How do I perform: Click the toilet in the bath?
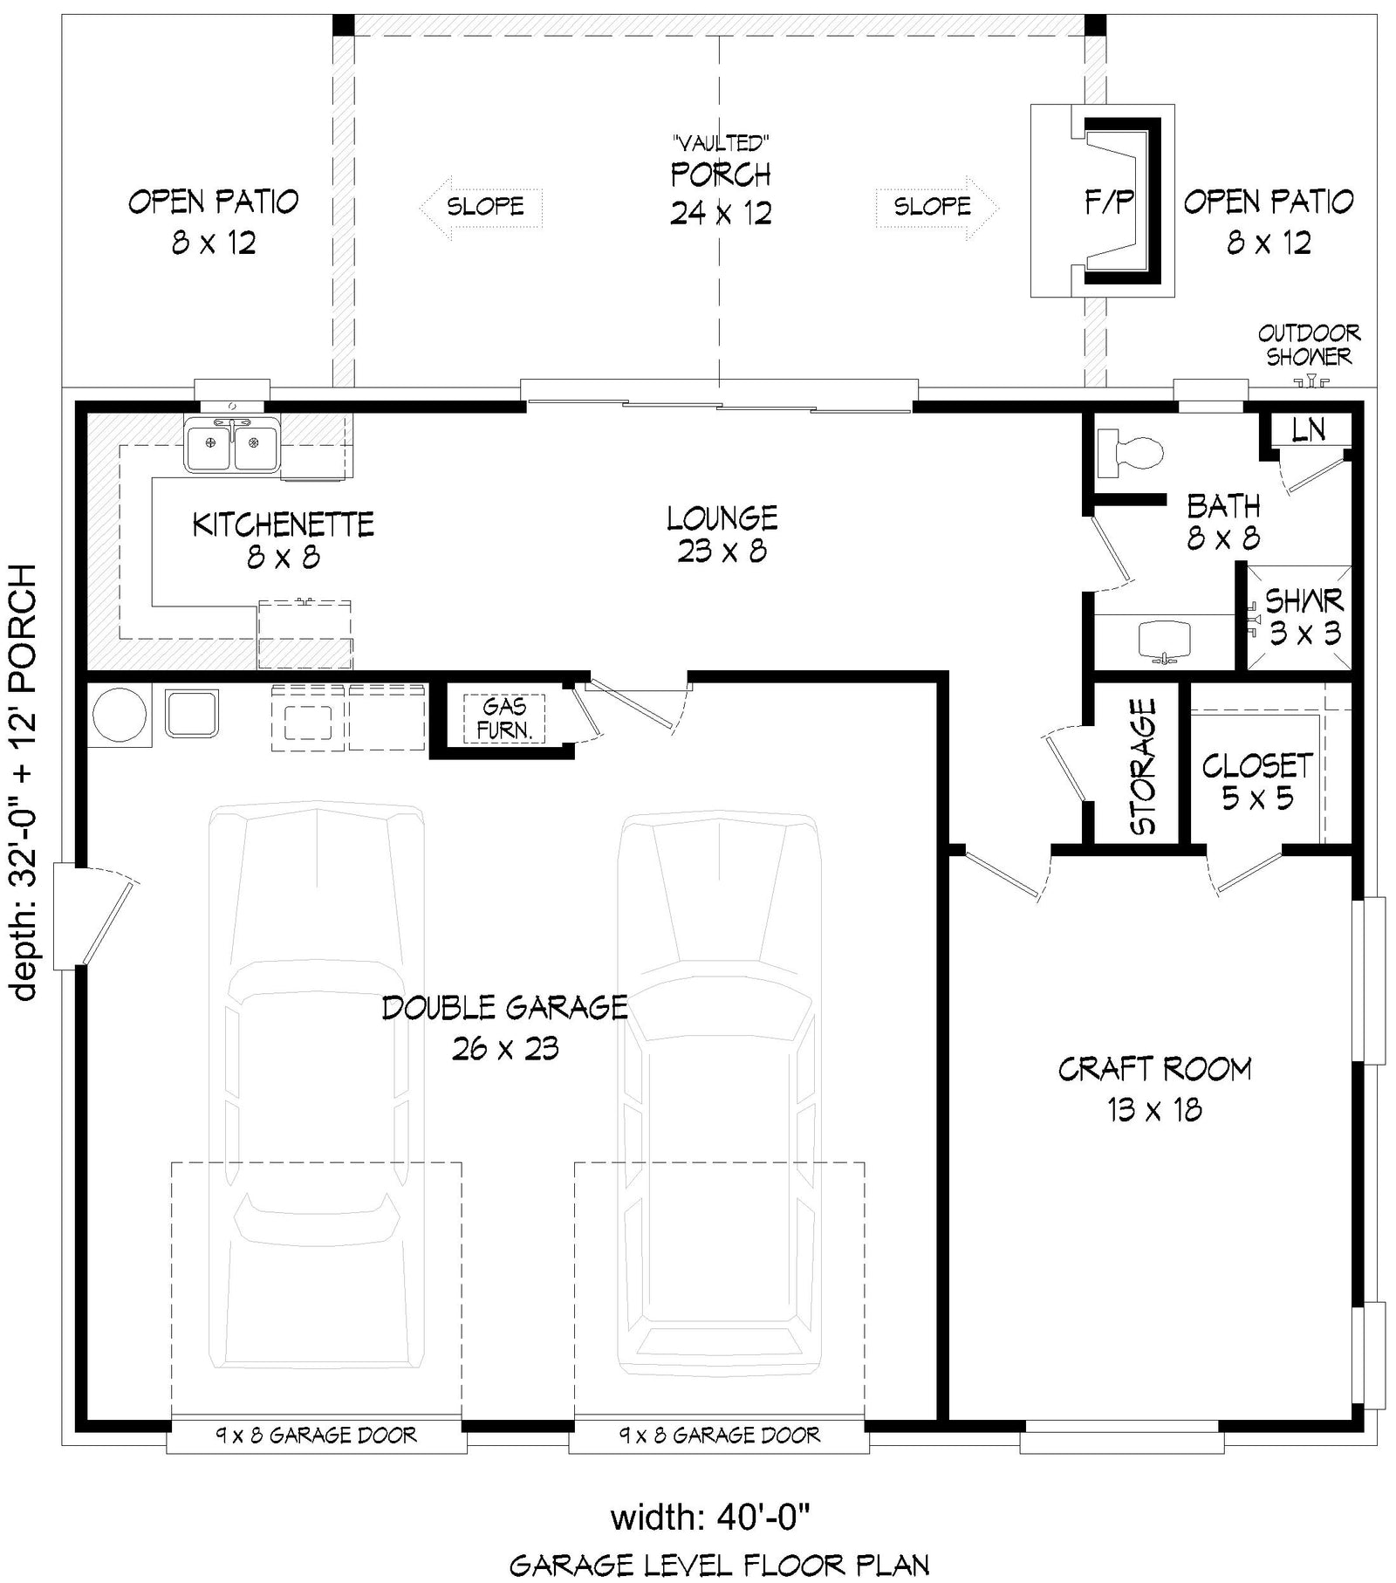[1131, 453]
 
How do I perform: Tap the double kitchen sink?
[231, 443]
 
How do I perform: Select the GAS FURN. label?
[503, 718]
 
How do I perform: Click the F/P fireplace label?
[1108, 202]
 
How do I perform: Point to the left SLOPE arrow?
[481, 207]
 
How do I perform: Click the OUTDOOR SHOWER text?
[1309, 345]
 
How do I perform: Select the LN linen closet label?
[1308, 429]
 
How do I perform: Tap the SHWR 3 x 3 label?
[1304, 616]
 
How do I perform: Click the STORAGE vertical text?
[1142, 765]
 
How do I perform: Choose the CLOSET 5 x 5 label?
[1257, 781]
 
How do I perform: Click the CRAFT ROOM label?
[1154, 1069]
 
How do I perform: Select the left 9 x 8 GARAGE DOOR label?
[316, 1435]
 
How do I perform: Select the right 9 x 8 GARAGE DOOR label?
[720, 1435]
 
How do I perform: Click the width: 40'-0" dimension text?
[710, 1517]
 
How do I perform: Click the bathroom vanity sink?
[1165, 641]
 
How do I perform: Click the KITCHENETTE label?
[283, 524]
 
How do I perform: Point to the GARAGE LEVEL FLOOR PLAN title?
[719, 1565]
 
